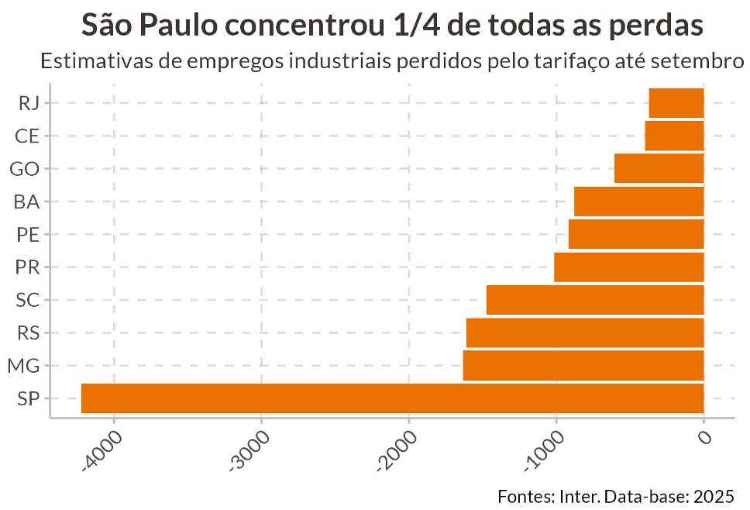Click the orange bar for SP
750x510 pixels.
pos(392,398)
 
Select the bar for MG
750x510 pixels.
pos(583,366)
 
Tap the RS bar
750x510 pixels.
pos(584,333)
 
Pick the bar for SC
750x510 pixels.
pos(594,300)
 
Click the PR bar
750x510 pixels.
pos(628,267)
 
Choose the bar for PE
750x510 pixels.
pos(635,234)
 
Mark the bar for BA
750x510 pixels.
pos(638,202)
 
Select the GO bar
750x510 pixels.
pos(659,168)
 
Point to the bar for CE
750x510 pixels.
pos(674,136)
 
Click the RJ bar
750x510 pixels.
pos(676,103)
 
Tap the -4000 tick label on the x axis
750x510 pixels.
pos(102,450)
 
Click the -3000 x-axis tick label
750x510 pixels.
pos(249,450)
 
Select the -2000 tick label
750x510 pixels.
pos(397,450)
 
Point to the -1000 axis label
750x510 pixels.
pos(544,450)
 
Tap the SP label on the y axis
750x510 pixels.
pos(27,399)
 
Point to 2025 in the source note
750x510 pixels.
pos(714,495)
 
